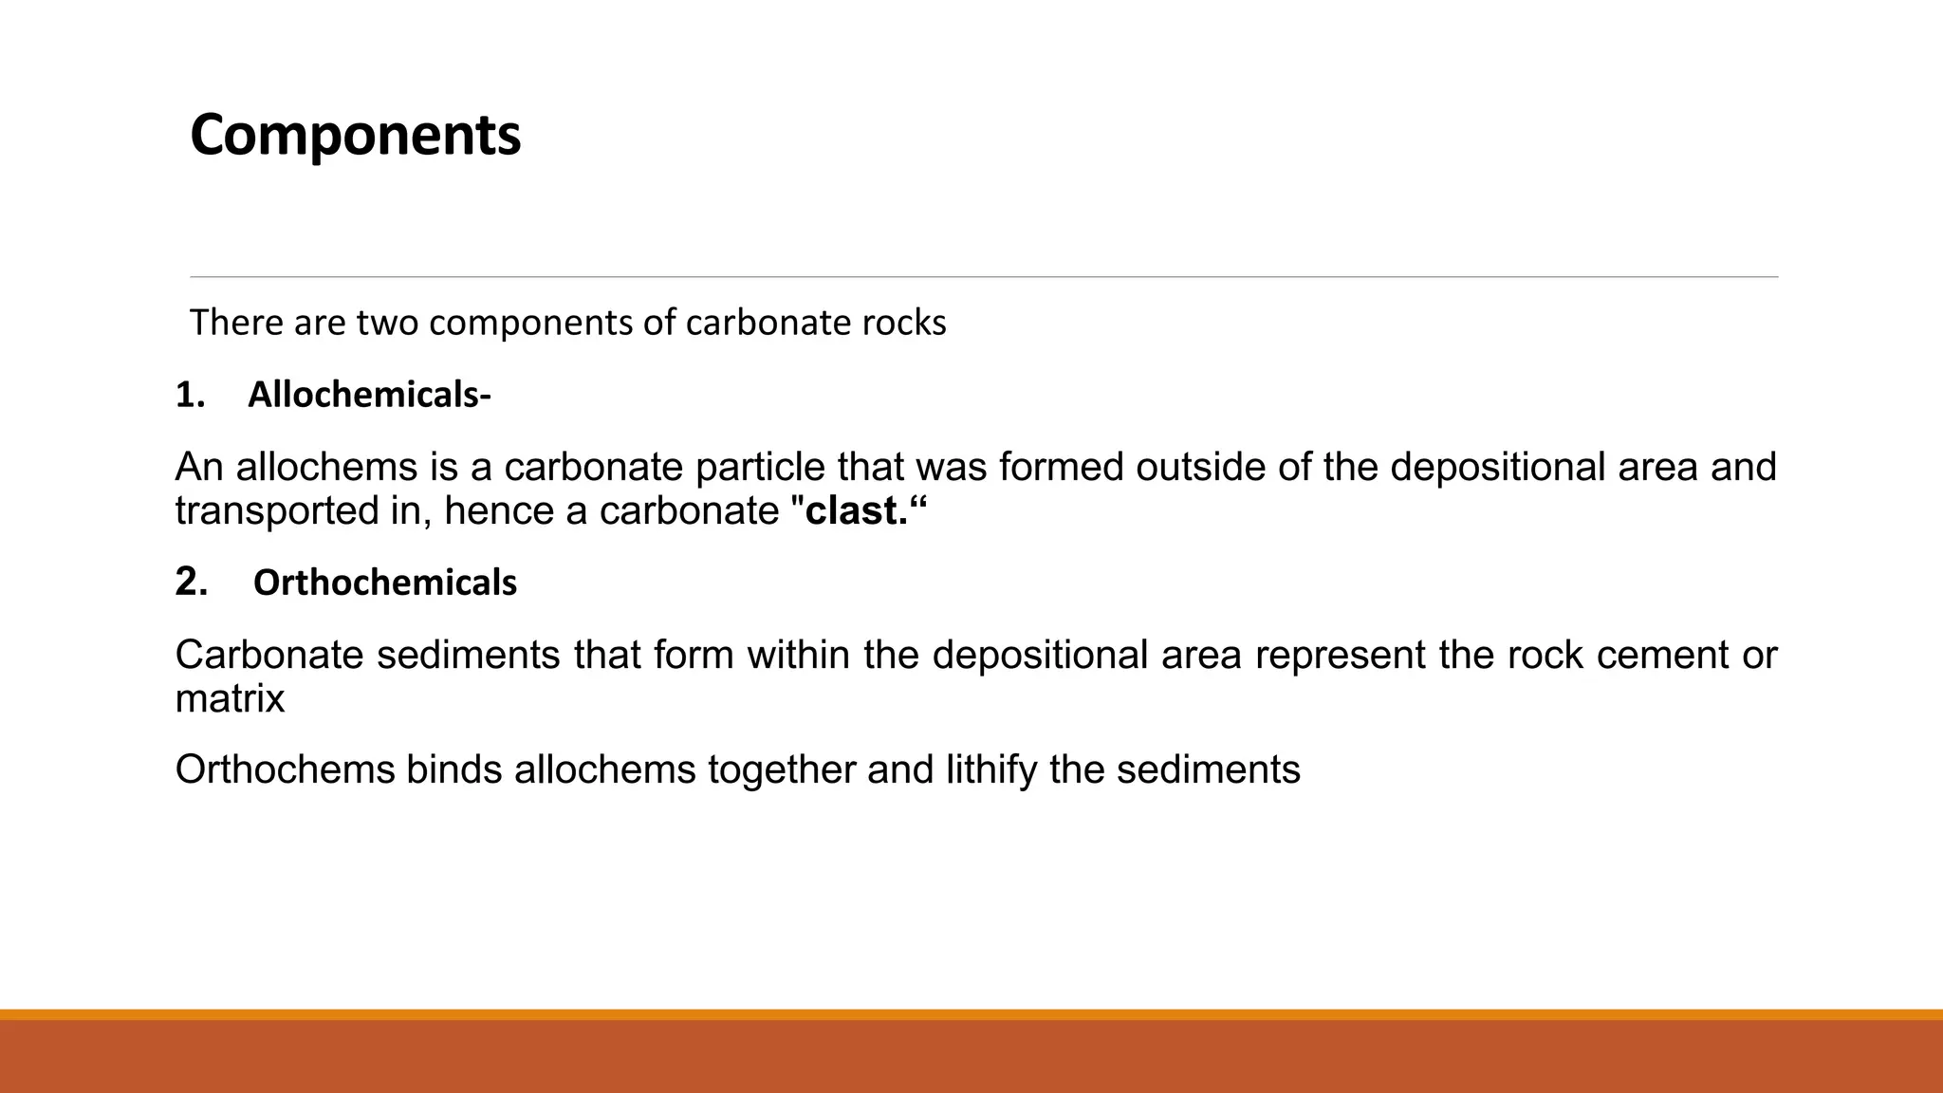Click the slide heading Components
click(x=355, y=135)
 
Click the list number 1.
click(x=190, y=395)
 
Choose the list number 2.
click(x=191, y=582)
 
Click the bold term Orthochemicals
click(x=384, y=583)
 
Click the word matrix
click(x=230, y=699)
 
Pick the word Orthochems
click(x=285, y=769)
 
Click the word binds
click(x=453, y=769)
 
